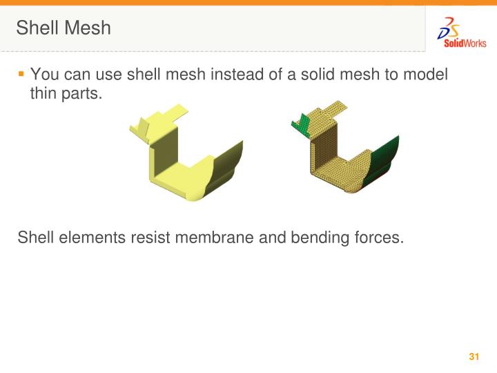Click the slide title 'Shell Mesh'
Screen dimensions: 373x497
click(x=64, y=28)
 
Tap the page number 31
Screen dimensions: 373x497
click(x=474, y=357)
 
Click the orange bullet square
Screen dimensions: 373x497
click(x=21, y=73)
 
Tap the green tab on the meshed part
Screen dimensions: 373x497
click(x=300, y=122)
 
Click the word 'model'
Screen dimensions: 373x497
click(x=428, y=74)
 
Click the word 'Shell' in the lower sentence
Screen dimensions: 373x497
click(x=35, y=238)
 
